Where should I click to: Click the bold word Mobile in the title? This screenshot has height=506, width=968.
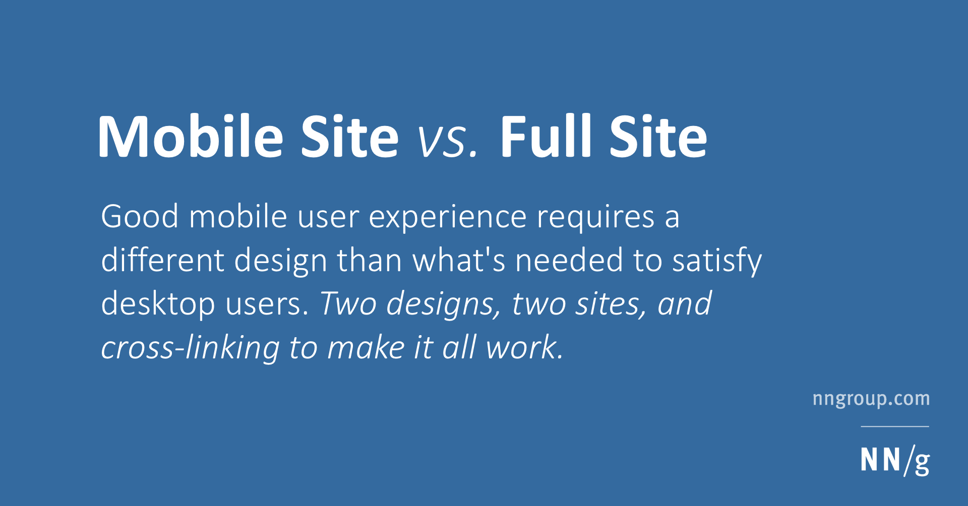click(191, 136)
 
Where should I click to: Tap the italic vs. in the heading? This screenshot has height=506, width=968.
click(447, 142)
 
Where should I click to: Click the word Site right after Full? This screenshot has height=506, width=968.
click(658, 136)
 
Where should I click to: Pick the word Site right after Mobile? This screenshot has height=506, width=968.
click(350, 136)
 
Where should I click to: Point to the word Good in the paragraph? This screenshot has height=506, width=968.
click(140, 217)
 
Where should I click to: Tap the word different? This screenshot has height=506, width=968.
click(162, 260)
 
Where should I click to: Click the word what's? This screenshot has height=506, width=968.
click(459, 260)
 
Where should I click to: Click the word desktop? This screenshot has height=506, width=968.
click(158, 305)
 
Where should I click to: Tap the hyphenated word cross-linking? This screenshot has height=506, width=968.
click(190, 349)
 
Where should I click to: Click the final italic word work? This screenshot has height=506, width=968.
click(524, 348)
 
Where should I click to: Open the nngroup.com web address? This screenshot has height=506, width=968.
click(871, 399)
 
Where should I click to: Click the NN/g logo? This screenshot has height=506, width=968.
click(895, 460)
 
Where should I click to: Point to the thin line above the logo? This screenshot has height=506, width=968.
click(895, 426)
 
